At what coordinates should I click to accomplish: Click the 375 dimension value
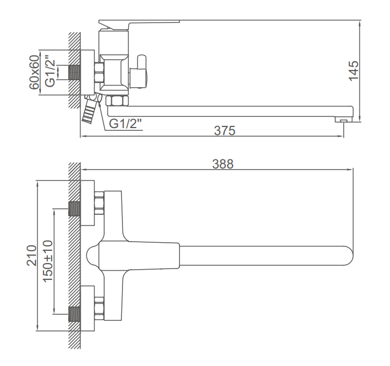(x=225, y=130)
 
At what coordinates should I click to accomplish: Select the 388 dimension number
(x=223, y=164)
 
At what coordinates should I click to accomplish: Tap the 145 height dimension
(x=353, y=71)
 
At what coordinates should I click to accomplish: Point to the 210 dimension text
(x=32, y=255)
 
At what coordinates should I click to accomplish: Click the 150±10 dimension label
(x=48, y=261)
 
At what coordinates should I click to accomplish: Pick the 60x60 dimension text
(x=34, y=72)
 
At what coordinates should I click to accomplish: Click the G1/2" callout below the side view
(x=125, y=123)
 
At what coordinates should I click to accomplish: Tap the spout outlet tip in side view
(x=344, y=121)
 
